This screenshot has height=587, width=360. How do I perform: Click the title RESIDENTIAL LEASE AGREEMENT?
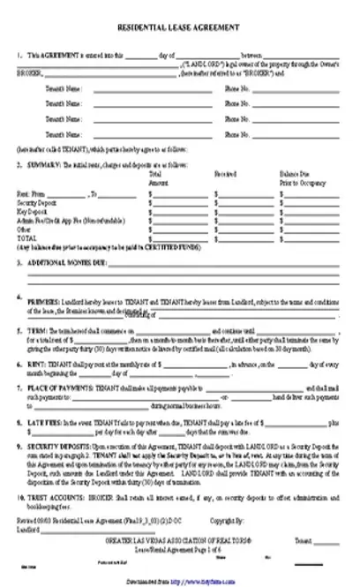pyautogui.click(x=179, y=27)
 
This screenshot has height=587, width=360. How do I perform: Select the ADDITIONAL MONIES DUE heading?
pyautogui.click(x=66, y=263)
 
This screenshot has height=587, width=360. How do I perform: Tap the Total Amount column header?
pyautogui.click(x=160, y=177)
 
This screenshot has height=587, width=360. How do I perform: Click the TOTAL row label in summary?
pyautogui.click(x=26, y=237)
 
